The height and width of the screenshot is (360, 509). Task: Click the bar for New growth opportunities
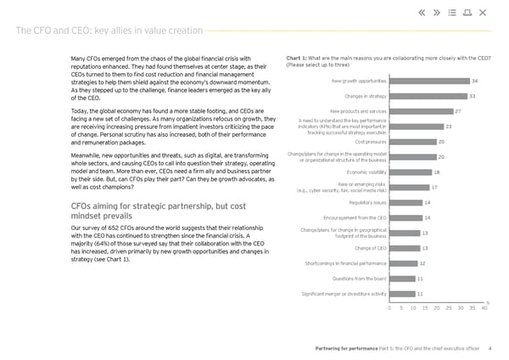[x=428, y=81]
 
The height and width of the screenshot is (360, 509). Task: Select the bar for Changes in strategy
[x=428, y=96]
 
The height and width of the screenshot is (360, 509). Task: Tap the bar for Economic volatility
[x=410, y=172]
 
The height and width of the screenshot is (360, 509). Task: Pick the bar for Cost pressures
[x=412, y=142]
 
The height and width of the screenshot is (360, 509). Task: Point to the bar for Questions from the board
[x=402, y=278]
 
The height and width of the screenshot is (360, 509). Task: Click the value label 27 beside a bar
[x=458, y=111]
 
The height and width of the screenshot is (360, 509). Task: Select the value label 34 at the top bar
[x=475, y=81]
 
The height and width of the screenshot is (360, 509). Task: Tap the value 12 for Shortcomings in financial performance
[x=422, y=263]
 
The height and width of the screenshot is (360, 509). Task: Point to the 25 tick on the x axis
[x=449, y=308]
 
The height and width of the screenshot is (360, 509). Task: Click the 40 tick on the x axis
[x=484, y=308]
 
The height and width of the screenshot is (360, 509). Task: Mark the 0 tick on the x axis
[x=389, y=308]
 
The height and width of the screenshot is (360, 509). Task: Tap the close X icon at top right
[x=483, y=12]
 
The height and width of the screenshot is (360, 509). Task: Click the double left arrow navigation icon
[x=422, y=12]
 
